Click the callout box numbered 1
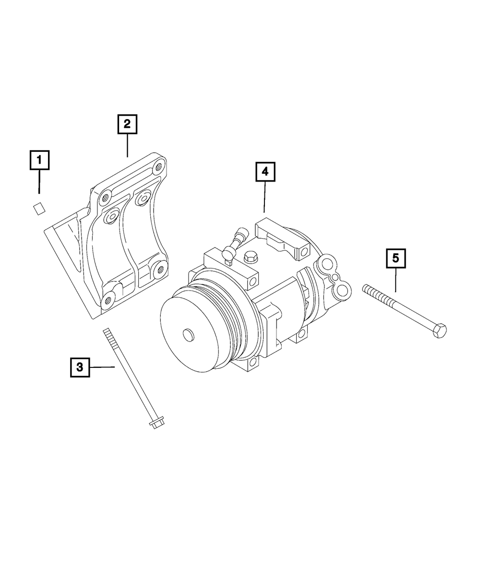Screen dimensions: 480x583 pyautogui.click(x=39, y=161)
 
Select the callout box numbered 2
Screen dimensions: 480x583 pyautogui.click(x=127, y=124)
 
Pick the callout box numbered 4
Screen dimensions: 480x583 pyautogui.click(x=265, y=172)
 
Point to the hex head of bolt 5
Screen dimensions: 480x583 pyautogui.click(x=440, y=331)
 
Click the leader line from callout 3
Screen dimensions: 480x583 pyautogui.click(x=102, y=367)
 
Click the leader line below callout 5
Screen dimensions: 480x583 pyautogui.click(x=396, y=281)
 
